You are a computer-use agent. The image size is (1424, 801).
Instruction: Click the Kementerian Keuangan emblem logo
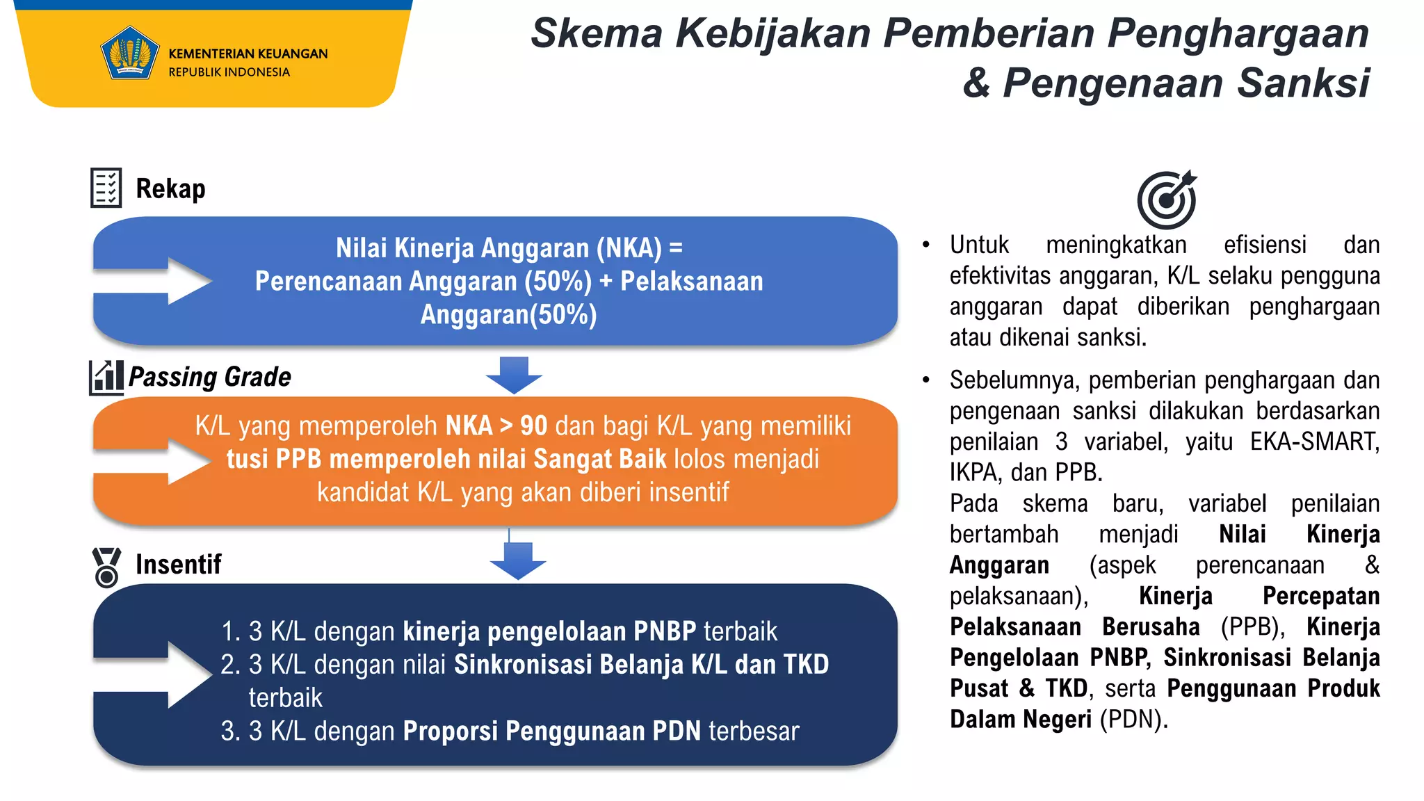[x=129, y=54]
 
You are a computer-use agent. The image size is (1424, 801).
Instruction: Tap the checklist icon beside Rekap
[x=106, y=188]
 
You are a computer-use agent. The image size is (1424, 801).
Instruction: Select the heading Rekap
[x=170, y=188]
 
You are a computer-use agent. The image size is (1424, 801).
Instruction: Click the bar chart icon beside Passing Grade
[x=106, y=378]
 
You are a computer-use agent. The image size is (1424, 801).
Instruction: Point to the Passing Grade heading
[x=210, y=377]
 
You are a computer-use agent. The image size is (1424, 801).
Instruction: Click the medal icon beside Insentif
[x=106, y=567]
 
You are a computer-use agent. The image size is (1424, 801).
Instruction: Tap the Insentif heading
[x=178, y=564]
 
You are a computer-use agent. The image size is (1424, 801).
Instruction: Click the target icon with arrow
[x=1167, y=200]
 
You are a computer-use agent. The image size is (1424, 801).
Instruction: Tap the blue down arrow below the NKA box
[x=514, y=375]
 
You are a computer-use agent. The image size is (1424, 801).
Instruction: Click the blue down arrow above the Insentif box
[x=518, y=560]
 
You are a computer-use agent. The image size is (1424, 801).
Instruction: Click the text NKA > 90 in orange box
[x=496, y=426]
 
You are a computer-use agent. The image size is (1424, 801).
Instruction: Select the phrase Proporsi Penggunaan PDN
[x=552, y=731]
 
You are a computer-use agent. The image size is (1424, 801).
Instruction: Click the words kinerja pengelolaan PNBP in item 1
[x=549, y=631]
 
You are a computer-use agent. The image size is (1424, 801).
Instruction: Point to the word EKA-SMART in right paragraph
[x=1314, y=442]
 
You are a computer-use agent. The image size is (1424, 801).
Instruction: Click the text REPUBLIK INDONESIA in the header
[x=229, y=72]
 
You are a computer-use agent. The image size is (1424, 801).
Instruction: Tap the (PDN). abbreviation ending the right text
[x=1133, y=719]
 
